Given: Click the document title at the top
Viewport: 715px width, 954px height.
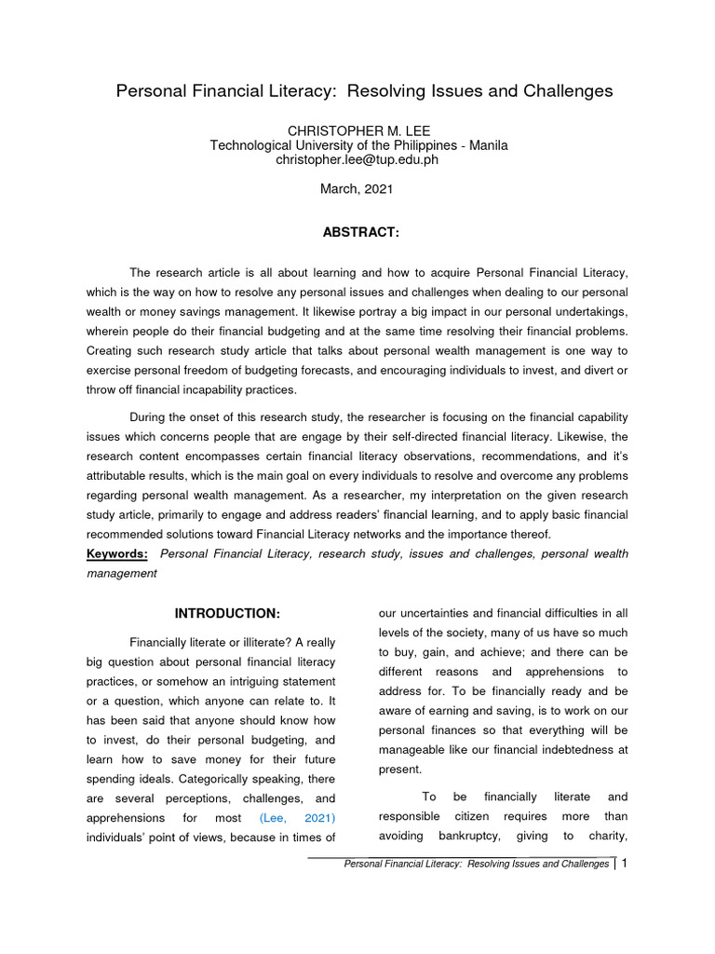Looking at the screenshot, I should click(364, 91).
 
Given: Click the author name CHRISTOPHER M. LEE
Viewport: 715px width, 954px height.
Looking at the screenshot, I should click(358, 131).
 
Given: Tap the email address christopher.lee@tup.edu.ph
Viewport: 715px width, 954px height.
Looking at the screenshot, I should click(357, 159).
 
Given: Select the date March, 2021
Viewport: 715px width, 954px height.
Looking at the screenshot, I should click(357, 188).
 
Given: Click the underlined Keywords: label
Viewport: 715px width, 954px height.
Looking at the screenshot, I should click(117, 554).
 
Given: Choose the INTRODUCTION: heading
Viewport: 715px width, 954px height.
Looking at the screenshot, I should click(227, 613).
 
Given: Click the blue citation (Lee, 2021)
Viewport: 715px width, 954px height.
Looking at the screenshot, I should click(297, 818).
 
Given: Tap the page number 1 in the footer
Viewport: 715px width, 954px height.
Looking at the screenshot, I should click(626, 864).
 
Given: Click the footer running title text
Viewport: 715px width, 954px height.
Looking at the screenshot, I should click(476, 865).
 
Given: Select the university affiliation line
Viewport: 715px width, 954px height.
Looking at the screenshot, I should click(358, 145).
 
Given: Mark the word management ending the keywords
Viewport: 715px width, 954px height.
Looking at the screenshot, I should click(121, 574).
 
